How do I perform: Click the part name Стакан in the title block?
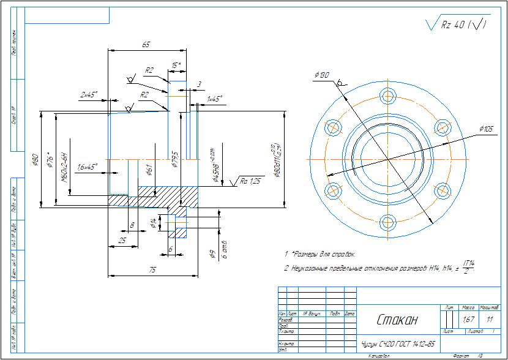coord(395,320)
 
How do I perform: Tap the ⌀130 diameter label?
coord(322,75)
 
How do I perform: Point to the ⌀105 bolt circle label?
coord(486,129)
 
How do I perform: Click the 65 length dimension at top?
coord(146,45)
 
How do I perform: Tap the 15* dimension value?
coord(176,65)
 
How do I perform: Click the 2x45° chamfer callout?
coord(90,95)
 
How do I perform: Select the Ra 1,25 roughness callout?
coord(251,181)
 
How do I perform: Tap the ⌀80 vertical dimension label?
coord(35,160)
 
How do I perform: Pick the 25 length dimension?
coord(122,241)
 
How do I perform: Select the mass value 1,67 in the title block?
coord(469,320)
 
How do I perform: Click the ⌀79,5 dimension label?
coord(174,158)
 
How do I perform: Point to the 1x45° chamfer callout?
coord(215,99)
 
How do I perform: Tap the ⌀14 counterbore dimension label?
coord(153,224)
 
